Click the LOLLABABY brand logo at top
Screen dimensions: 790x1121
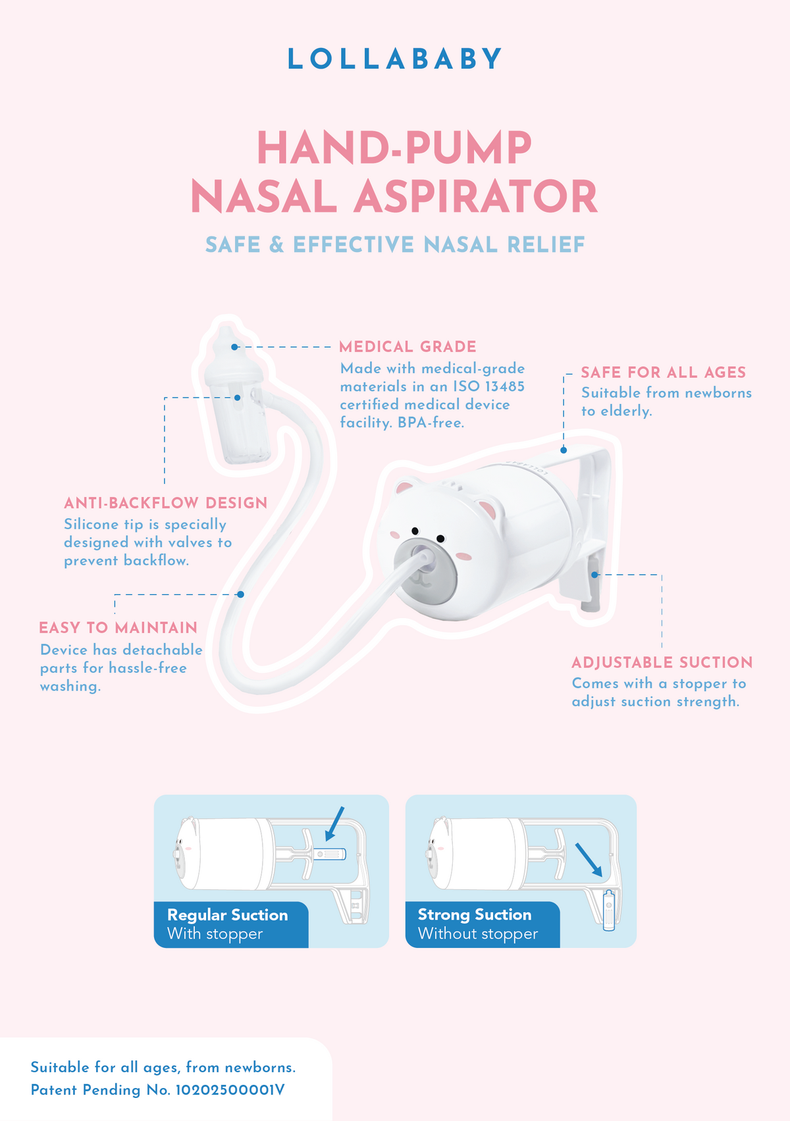pos(394,59)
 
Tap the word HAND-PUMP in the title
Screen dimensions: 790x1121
pos(394,147)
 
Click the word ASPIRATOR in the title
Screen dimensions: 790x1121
pos(475,196)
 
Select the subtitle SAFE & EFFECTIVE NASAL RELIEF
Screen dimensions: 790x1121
pos(395,245)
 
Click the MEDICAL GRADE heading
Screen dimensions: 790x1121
pos(408,346)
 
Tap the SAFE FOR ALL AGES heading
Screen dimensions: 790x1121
pos(664,373)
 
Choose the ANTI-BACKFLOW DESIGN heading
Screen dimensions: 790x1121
pos(166,503)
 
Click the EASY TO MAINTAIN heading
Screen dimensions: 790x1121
pos(118,627)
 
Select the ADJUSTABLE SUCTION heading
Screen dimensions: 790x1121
pos(662,663)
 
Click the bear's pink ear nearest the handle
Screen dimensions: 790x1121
pos(487,509)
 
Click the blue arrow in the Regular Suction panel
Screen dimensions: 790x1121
pos(334,823)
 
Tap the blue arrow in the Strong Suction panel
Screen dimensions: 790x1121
pos(589,860)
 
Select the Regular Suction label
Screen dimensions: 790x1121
pos(227,915)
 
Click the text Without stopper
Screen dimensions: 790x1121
pos(478,934)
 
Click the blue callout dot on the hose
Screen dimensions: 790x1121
pos(241,594)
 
